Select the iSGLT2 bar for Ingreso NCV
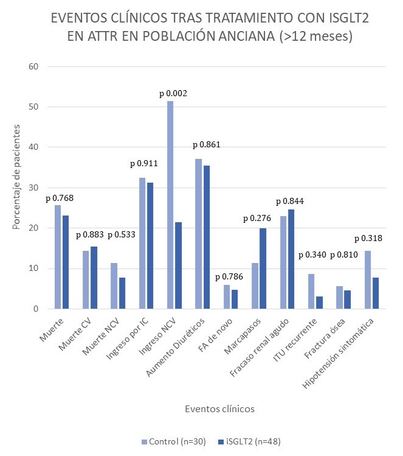point(178,265)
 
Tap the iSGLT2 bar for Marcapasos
point(263,268)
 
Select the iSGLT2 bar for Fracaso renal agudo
point(290,259)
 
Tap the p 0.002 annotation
point(173,94)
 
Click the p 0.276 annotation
point(257,218)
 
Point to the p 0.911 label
point(145,164)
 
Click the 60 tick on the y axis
point(35,66)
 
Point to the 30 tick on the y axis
point(35,188)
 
